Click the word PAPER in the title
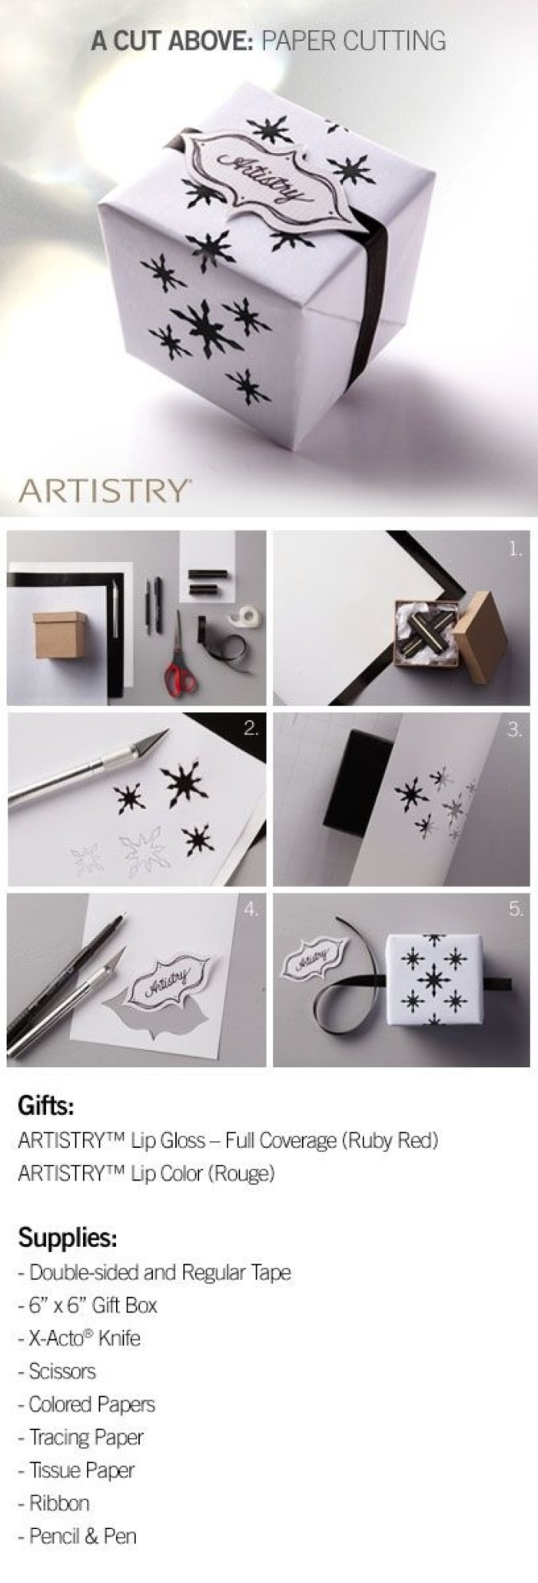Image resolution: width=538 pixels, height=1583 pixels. pos(297,40)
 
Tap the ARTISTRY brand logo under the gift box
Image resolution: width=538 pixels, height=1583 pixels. pos(105,490)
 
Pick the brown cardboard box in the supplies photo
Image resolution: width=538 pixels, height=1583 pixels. pos(60,636)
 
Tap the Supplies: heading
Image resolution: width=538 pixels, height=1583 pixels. pos(67,1239)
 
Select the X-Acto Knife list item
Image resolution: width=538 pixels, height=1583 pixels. pos(79,1338)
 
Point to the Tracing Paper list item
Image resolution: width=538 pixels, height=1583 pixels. pos(81,1436)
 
